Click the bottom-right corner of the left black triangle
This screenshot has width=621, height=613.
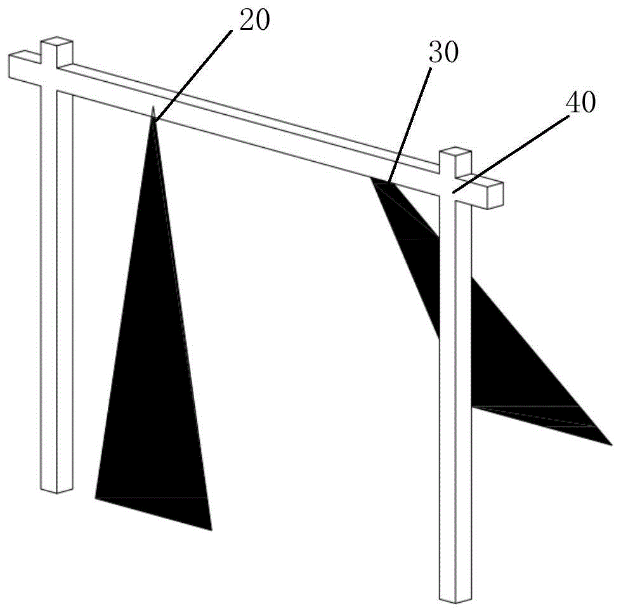click(211, 529)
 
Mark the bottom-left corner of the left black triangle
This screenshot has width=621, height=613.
click(96, 498)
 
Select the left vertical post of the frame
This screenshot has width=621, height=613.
click(57, 286)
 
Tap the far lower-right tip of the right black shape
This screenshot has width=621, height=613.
click(610, 444)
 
